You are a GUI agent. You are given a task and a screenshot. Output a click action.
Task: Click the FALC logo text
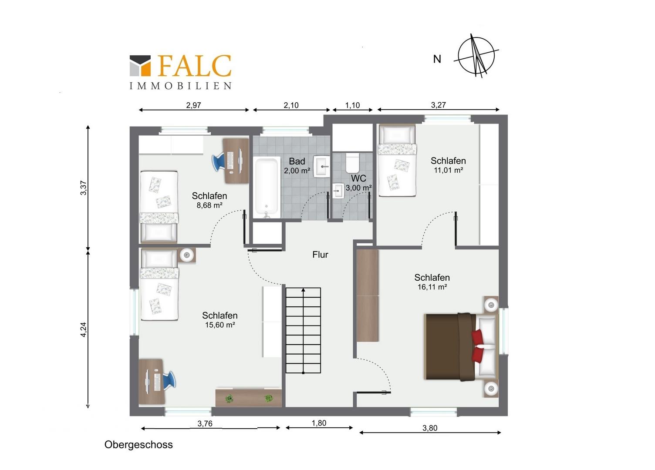tap(195, 66)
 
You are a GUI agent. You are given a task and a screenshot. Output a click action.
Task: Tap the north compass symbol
tap(476, 56)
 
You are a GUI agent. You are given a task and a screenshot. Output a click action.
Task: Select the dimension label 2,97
tap(193, 105)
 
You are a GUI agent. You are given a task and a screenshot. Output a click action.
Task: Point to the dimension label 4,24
tap(83, 329)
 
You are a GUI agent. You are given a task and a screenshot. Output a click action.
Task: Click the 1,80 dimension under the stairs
tap(319, 423)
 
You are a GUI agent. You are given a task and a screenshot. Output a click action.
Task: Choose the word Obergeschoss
tap(138, 445)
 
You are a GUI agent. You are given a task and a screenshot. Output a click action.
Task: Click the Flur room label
tap(320, 255)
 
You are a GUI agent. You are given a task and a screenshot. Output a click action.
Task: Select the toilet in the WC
tap(352, 163)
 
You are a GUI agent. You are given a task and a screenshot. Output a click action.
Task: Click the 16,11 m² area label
tap(432, 287)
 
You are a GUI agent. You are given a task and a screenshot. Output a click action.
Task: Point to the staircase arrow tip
tap(303, 289)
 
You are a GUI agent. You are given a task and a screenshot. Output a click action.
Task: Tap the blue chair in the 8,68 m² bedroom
tap(219, 162)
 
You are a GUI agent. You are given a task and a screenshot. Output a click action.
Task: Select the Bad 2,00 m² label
tap(297, 166)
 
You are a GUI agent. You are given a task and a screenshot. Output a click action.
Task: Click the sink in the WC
tap(338, 191)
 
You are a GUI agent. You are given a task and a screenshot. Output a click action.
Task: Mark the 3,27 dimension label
tap(438, 104)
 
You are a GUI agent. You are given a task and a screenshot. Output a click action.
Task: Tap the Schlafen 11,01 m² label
tap(448, 165)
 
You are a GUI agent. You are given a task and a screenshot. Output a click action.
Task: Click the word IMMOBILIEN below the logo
tap(180, 86)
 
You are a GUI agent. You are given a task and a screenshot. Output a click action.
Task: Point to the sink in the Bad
tap(322, 167)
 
